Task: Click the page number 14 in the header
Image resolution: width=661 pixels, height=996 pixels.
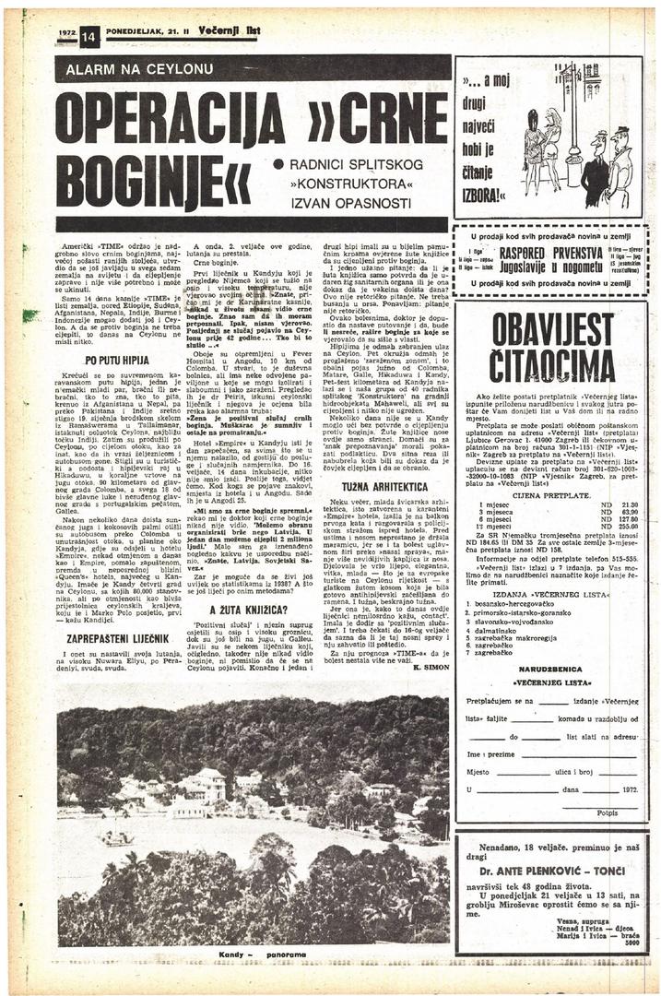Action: click(89, 38)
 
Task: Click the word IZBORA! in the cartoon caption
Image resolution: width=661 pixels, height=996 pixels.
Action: click(486, 196)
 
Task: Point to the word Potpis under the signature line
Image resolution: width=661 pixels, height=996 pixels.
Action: click(607, 813)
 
